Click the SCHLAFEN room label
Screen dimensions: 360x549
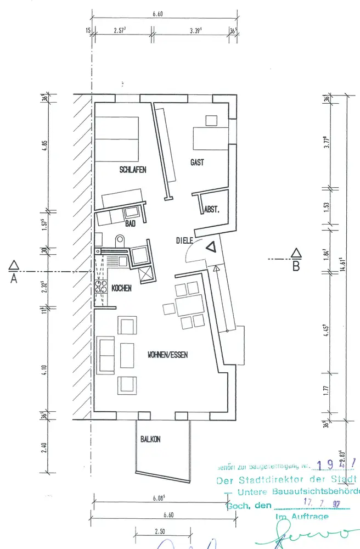pyautogui.click(x=133, y=170)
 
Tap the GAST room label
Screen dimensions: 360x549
pyautogui.click(x=197, y=163)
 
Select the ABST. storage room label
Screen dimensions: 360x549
pyautogui.click(x=212, y=210)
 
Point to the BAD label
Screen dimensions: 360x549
pyautogui.click(x=130, y=223)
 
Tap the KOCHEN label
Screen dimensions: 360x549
pyautogui.click(x=121, y=288)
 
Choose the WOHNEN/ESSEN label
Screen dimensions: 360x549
pyautogui.click(x=168, y=355)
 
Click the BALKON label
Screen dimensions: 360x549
pyautogui.click(x=150, y=439)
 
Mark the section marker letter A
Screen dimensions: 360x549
pyautogui.click(x=13, y=278)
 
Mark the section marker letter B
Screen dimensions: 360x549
pyautogui.click(x=296, y=267)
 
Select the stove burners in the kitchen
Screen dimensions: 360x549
pyautogui.click(x=102, y=286)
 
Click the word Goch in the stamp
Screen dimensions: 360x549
pyautogui.click(x=235, y=506)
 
